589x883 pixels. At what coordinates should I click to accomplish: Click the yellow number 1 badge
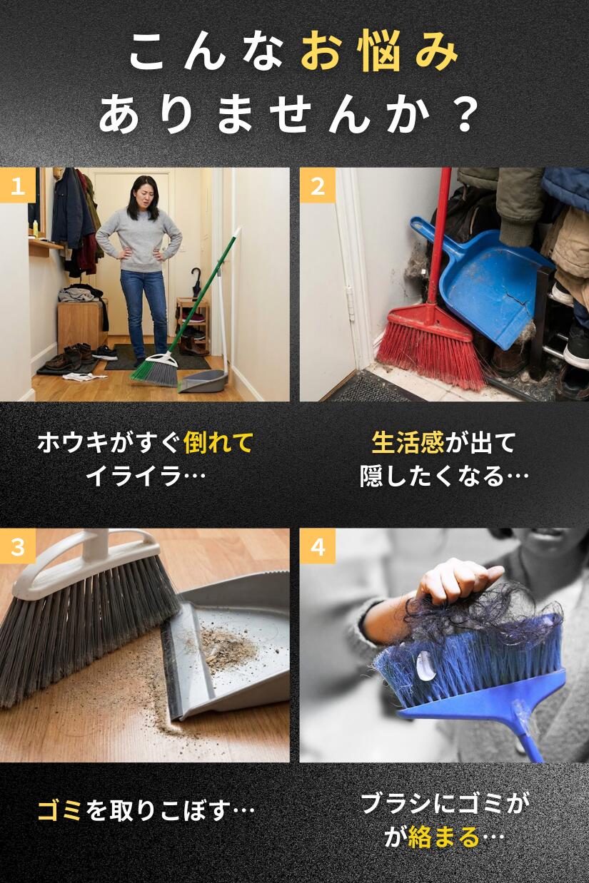17,185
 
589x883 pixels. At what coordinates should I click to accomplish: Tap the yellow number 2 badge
317,185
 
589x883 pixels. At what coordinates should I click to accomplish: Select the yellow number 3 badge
17,546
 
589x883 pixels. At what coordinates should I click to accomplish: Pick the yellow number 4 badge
317,546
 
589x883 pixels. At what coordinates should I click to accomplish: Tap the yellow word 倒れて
218,443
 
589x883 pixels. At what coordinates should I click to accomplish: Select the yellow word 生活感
408,443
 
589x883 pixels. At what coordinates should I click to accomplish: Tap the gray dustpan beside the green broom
202,382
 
